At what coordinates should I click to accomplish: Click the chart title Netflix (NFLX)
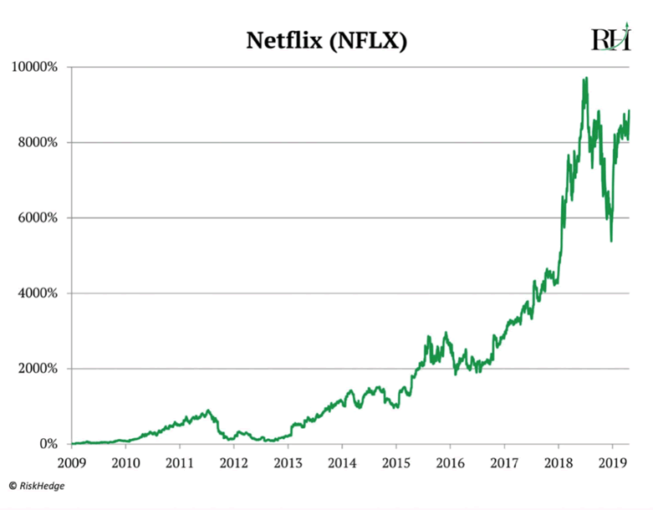tap(326, 41)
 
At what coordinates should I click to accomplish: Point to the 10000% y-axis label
tap(34, 67)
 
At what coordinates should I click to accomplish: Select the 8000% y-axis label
tap(38, 142)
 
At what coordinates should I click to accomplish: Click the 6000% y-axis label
tap(38, 218)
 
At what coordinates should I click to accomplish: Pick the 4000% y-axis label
tap(38, 293)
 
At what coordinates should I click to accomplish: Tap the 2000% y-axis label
tap(38, 369)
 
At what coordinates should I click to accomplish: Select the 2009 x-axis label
tap(71, 462)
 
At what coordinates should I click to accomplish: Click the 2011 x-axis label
tap(180, 462)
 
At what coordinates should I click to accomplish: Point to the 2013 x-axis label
tap(288, 462)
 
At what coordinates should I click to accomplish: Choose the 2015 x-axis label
tap(396, 462)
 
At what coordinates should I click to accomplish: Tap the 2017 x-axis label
tap(504, 462)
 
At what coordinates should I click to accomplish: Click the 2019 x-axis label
tap(613, 462)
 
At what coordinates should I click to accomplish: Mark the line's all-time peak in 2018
tap(586, 78)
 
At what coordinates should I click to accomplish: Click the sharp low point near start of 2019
tap(611, 241)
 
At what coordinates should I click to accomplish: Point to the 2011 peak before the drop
tap(208, 411)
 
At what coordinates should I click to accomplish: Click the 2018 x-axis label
tap(559, 462)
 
